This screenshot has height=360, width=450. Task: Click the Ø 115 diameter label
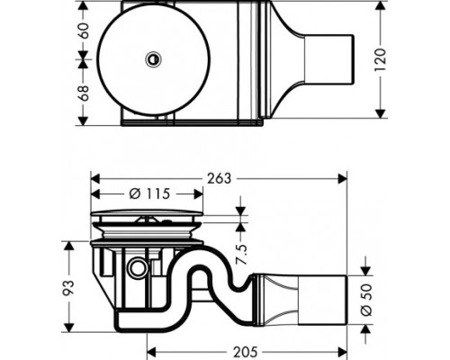click(x=148, y=194)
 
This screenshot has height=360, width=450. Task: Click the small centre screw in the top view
click(x=154, y=59)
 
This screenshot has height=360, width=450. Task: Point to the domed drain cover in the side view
click(x=148, y=218)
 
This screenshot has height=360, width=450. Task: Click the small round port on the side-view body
click(x=137, y=268)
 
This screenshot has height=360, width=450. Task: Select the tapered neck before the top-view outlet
click(x=286, y=58)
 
